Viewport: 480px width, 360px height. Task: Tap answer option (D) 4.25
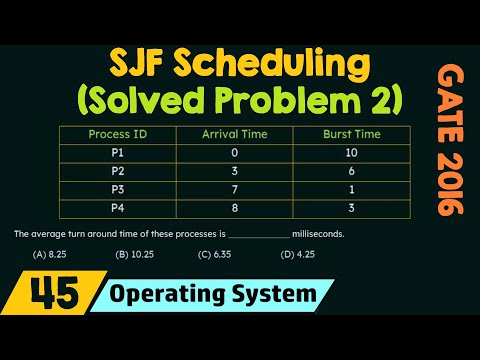pos(297,255)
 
